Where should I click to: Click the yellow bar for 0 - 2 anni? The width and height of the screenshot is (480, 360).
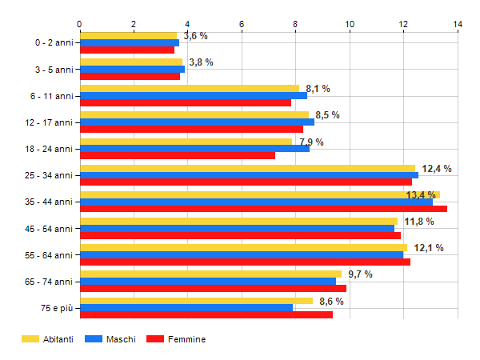tap(129, 36)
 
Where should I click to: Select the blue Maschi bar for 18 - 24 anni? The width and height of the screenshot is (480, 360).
tap(194, 149)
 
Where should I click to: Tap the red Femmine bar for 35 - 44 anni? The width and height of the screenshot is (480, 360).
tap(263, 209)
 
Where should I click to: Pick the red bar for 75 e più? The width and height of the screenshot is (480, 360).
tap(206, 314)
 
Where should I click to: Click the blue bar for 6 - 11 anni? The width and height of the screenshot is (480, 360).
tap(194, 96)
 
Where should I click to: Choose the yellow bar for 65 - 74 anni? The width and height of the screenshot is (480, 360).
tap(211, 274)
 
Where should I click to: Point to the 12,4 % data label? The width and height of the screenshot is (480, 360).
tap(437, 169)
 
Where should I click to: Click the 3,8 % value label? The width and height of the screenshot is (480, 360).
tap(201, 62)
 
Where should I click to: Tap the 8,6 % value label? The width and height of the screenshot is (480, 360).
tap(331, 302)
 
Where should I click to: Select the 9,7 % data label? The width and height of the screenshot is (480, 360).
tap(360, 274)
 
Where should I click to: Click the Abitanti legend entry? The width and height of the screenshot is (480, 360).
tap(47, 339)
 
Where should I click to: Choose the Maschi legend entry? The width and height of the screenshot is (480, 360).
tap(110, 339)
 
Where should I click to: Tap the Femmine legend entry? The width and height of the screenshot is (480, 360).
tap(176, 339)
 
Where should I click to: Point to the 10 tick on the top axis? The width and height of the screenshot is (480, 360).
tap(350, 24)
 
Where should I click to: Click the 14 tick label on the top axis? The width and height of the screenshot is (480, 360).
tap(458, 24)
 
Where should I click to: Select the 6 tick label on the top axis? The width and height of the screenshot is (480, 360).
tap(242, 24)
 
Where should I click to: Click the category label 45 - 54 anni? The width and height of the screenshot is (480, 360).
tap(49, 229)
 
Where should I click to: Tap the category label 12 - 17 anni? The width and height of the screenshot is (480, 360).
tap(49, 122)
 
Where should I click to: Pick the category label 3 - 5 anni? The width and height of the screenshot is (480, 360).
tap(54, 70)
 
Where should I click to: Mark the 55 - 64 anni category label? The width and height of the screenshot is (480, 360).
tap(49, 255)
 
